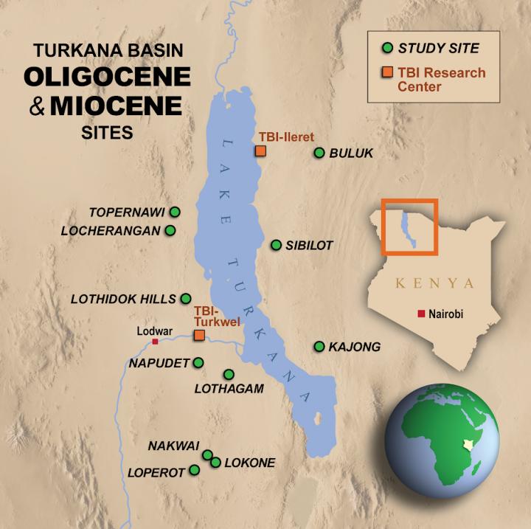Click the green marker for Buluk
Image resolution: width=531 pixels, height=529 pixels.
(x=319, y=153)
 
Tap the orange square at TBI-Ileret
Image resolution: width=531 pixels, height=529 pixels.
(x=260, y=151)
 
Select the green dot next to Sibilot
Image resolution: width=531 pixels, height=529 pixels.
(x=276, y=245)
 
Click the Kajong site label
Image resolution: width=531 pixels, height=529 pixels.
(x=355, y=347)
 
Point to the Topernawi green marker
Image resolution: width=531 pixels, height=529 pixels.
(x=175, y=212)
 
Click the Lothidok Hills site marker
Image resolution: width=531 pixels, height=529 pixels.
(x=186, y=299)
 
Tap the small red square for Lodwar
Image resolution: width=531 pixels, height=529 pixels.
(x=155, y=342)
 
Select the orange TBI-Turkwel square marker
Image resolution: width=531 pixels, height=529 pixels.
(x=198, y=335)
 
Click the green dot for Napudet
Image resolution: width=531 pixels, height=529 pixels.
(x=198, y=362)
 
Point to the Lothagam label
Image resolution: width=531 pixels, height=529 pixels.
(x=229, y=389)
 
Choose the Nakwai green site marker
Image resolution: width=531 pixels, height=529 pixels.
(x=208, y=454)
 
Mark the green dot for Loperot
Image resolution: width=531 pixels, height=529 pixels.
(x=195, y=470)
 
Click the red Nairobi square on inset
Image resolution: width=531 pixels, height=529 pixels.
(x=421, y=314)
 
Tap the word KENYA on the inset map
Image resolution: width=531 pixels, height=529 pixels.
(x=434, y=283)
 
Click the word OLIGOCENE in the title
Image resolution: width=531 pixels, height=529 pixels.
(x=106, y=77)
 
